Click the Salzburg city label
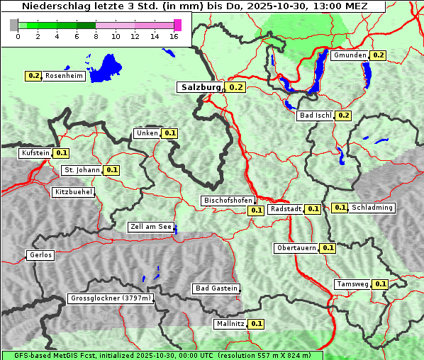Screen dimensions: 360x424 pos(201,87)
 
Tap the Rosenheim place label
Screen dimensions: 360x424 pos(65,76)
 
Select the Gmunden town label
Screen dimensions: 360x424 pos(350,55)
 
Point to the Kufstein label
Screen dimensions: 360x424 pos(35,153)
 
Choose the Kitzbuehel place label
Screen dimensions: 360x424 pos(73,192)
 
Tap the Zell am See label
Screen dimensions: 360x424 pos(150,227)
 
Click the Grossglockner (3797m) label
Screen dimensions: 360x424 pos(111,298)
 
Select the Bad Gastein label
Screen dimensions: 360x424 pos(216,288)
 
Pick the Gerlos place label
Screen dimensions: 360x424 pos(40,255)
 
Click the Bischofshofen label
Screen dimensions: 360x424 pos(228,201)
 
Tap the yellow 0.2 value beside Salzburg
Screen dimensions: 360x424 pos(236,88)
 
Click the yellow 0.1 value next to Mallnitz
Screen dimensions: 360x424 pos(257,324)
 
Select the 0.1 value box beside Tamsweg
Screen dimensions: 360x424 pos(381,284)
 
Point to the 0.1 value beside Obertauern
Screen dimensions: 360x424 pos(328,248)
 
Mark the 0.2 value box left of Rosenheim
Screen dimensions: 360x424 pos(33,76)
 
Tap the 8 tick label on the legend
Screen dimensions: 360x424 pos(96,36)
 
